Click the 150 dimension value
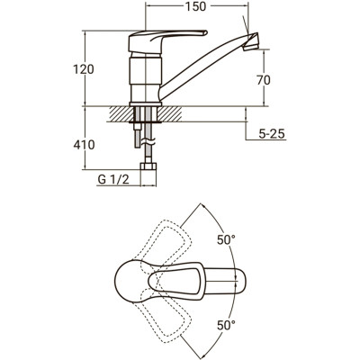pyautogui.click(x=195, y=6)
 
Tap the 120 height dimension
pyautogui.click(x=84, y=69)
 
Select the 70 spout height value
pyautogui.click(x=264, y=80)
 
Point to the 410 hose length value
pyautogui.click(x=84, y=145)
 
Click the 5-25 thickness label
pyautogui.click(x=271, y=134)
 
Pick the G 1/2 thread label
pyautogui.click(x=113, y=180)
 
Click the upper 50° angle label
pyautogui.click(x=226, y=239)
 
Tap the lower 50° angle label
pyautogui.click(x=226, y=325)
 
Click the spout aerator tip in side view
pyautogui.click(x=251, y=41)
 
